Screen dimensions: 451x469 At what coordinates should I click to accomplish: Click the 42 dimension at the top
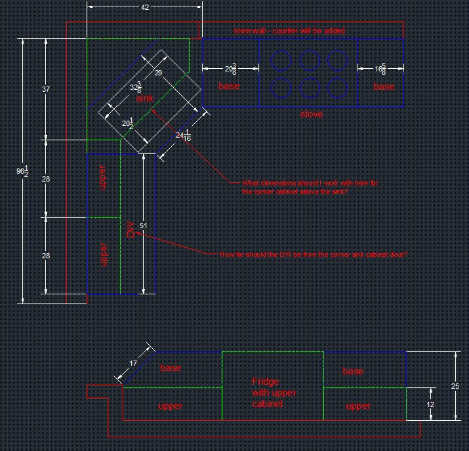tap(145, 7)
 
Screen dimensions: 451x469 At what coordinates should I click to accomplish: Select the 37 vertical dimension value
tap(45, 89)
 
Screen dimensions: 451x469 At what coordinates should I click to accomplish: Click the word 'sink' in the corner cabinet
tap(144, 98)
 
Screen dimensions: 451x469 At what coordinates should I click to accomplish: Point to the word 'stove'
tap(311, 115)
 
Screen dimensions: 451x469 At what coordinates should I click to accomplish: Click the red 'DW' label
tap(131, 229)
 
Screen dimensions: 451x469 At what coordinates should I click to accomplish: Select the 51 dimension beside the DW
tap(144, 226)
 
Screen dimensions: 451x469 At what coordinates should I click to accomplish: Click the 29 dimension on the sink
tap(158, 73)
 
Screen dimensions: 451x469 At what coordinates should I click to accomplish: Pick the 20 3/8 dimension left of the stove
tap(230, 69)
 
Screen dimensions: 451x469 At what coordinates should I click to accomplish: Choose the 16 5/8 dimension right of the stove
tap(380, 69)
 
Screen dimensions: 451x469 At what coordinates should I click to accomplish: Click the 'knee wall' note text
tap(289, 31)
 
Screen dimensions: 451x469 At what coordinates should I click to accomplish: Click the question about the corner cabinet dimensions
tap(310, 187)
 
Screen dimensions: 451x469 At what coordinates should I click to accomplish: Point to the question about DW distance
tap(314, 254)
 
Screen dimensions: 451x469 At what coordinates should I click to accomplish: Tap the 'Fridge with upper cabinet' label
tap(274, 392)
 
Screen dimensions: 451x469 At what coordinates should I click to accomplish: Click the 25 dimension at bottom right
tap(455, 386)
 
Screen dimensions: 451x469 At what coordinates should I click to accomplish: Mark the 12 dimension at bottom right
tap(430, 404)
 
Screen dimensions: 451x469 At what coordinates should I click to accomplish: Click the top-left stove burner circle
tap(281, 61)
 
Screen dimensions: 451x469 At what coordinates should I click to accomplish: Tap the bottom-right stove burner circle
tap(337, 87)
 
